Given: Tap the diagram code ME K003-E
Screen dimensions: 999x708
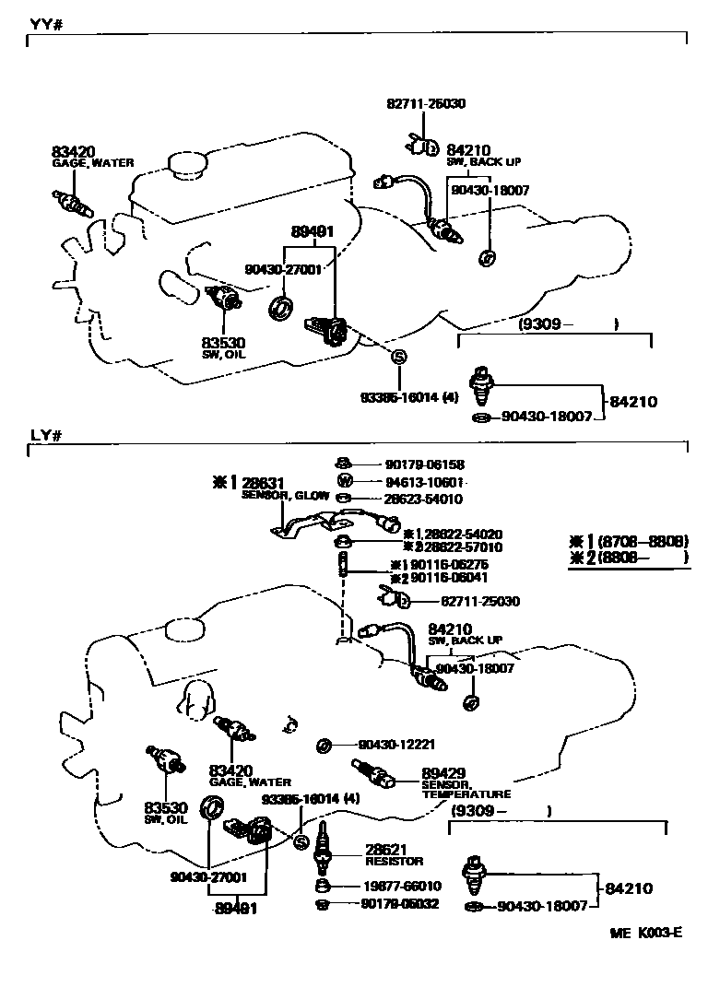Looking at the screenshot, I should click(x=645, y=933).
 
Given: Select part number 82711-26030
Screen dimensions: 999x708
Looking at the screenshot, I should click(x=426, y=104).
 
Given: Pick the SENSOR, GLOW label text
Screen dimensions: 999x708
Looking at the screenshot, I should click(x=285, y=495).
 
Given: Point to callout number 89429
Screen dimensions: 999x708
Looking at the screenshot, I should click(x=443, y=772).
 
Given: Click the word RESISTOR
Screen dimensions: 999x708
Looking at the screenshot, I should click(x=394, y=862).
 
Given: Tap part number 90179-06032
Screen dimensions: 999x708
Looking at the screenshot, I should click(x=400, y=904).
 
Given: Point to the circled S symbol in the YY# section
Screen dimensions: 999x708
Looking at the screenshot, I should click(x=399, y=357).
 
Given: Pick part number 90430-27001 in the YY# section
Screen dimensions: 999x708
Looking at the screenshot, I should click(x=283, y=270).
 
